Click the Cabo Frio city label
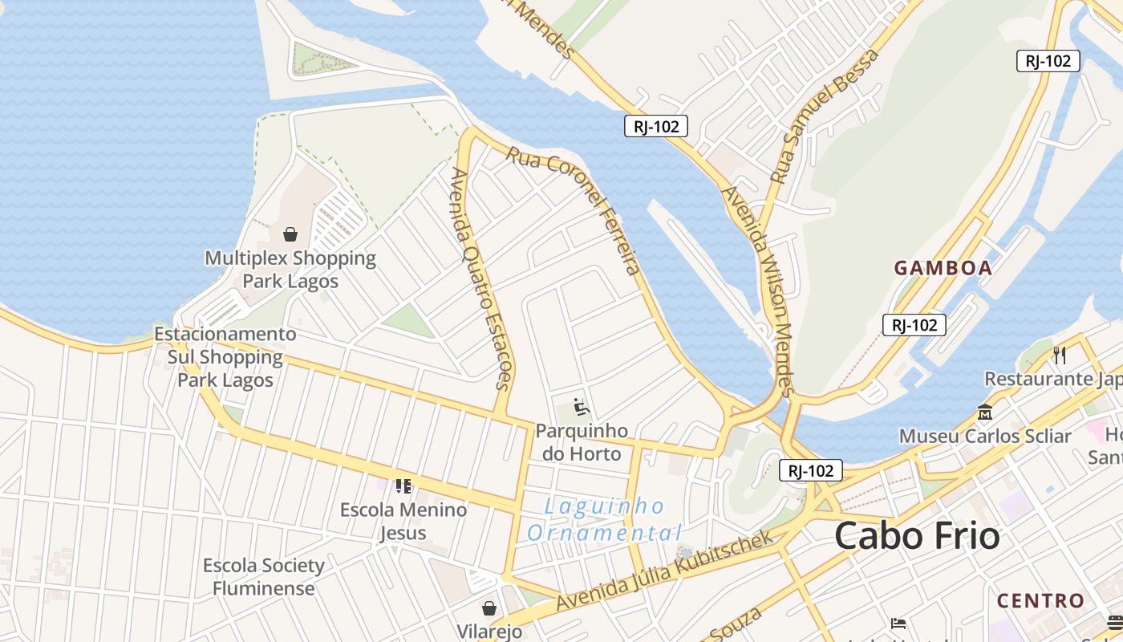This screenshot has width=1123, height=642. pyautogui.click(x=917, y=536)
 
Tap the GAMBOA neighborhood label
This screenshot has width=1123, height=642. pyautogui.click(x=943, y=268)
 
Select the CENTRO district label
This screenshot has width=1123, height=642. pyautogui.click(x=1040, y=600)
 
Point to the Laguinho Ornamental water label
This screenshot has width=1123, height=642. pyautogui.click(x=605, y=519)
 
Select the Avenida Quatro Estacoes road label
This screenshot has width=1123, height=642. pyautogui.click(x=481, y=278)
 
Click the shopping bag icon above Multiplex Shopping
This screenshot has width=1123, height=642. pyautogui.click(x=290, y=234)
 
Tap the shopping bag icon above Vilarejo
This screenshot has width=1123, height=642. pyautogui.click(x=489, y=608)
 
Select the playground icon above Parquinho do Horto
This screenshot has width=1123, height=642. pyautogui.click(x=582, y=408)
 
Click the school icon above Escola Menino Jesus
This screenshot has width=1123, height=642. pyautogui.click(x=403, y=486)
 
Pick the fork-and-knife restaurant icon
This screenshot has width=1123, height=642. pyautogui.click(x=1060, y=355)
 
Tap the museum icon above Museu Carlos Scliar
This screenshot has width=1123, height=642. pyautogui.click(x=985, y=412)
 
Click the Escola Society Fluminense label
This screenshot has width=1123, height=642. pyautogui.click(x=263, y=577)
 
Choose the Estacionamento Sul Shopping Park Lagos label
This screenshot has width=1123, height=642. pyautogui.click(x=225, y=357)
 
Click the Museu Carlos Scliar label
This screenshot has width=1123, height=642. pyautogui.click(x=985, y=437)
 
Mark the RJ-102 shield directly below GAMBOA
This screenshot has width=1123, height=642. pyautogui.click(x=914, y=325)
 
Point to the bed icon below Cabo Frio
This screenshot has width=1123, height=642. pyautogui.click(x=898, y=623)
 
